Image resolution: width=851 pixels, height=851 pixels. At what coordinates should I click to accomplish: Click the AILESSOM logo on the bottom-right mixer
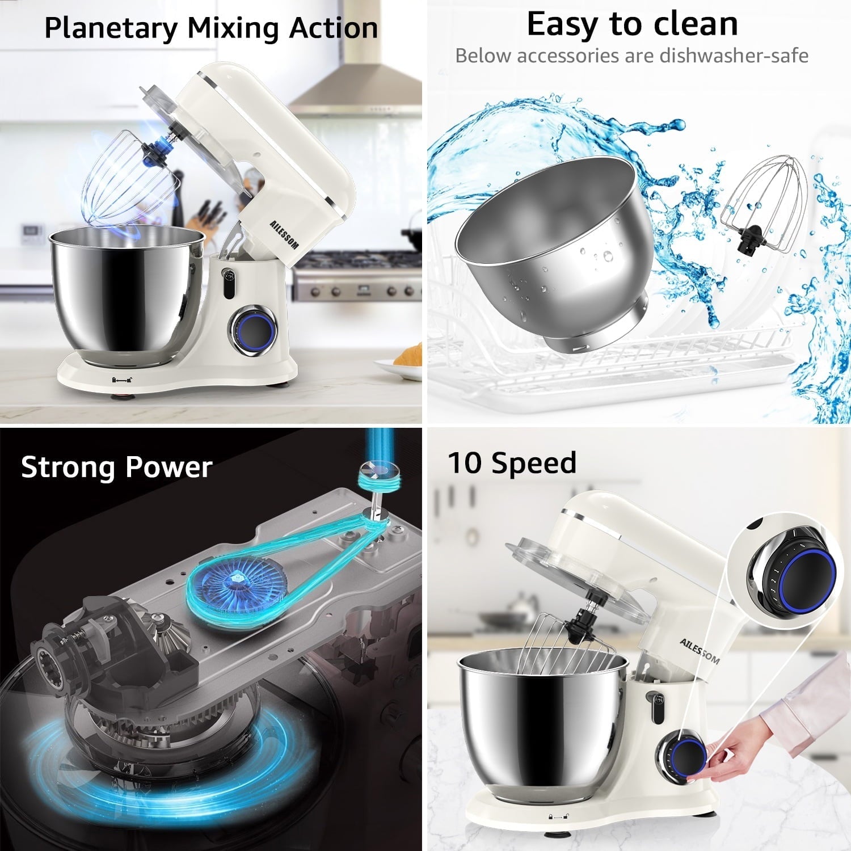click(x=700, y=650)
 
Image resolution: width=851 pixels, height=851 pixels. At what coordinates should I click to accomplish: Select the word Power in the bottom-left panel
click(x=168, y=467)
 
